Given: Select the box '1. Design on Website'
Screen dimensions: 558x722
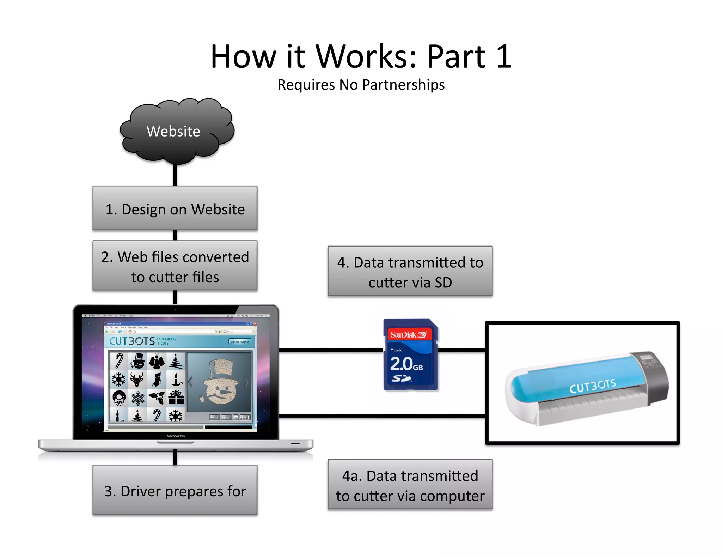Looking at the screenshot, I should [175, 208].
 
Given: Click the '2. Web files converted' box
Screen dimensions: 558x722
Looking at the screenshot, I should [175, 266].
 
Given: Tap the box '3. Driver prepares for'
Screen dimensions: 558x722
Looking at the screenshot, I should [175, 490].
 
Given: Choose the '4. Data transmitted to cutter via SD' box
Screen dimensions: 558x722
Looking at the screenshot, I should [410, 271].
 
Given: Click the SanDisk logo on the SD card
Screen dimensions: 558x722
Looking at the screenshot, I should [409, 334].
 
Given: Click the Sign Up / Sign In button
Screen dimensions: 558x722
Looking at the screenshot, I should [240, 341].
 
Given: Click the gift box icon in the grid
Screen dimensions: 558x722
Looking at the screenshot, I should [176, 398].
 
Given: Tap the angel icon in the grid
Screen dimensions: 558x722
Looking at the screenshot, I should [157, 361].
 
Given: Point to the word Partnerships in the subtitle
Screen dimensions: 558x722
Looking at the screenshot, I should [403, 85].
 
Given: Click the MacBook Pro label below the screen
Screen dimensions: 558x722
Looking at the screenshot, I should [175, 436].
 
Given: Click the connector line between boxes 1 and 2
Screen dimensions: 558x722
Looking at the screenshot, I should [175, 235].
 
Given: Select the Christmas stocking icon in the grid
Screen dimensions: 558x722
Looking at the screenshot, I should [157, 380].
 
